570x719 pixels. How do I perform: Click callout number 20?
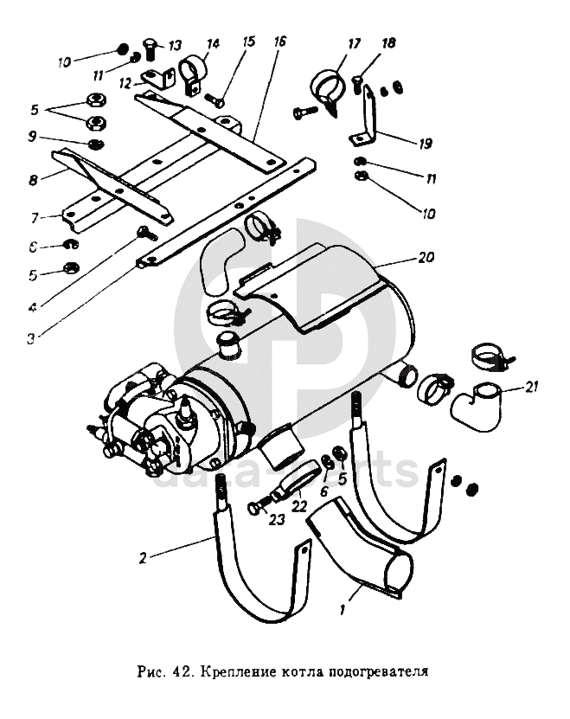point(426,258)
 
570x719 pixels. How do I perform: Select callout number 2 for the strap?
point(142,557)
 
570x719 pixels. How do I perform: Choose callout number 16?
point(279,42)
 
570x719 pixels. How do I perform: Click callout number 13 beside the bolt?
point(175,45)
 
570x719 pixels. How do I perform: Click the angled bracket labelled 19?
point(368,121)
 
